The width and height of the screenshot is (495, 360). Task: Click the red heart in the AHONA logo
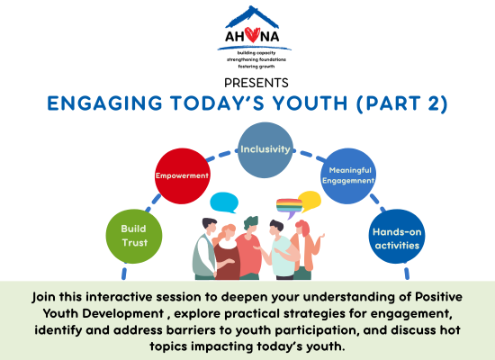tap(253, 34)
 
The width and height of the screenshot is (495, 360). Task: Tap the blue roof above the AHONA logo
tap(252, 16)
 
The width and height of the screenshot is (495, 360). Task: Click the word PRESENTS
tap(256, 83)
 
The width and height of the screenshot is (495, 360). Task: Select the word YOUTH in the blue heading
tap(310, 103)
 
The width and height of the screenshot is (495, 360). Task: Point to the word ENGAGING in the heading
tap(104, 103)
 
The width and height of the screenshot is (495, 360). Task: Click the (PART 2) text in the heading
tap(402, 103)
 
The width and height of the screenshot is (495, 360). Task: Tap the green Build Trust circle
tap(134, 236)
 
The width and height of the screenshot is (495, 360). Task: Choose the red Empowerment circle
tap(182, 175)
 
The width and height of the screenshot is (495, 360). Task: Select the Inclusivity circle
tap(265, 150)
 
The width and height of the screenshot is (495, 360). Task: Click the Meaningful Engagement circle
tap(348, 175)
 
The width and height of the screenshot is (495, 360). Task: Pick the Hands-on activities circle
tap(397, 236)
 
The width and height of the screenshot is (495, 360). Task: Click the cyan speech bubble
tap(224, 202)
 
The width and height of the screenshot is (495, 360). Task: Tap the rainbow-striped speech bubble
tap(289, 208)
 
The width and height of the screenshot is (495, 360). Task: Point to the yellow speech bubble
tap(310, 202)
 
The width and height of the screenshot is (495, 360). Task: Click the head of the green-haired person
tap(251, 224)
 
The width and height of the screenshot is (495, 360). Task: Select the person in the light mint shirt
tap(280, 249)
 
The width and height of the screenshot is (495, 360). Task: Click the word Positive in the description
tap(438, 297)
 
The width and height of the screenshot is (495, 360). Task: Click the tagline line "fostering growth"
tap(256, 67)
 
